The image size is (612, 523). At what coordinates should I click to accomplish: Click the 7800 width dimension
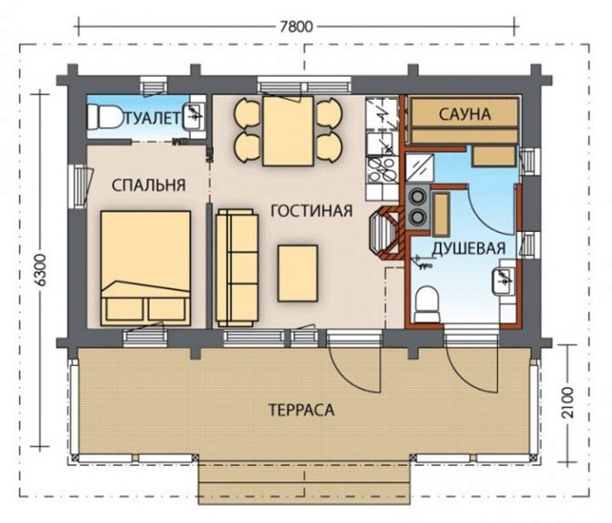click(x=297, y=27)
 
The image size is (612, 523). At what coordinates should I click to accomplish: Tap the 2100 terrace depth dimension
click(x=569, y=403)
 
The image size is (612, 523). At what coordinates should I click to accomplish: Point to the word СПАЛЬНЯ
click(x=148, y=185)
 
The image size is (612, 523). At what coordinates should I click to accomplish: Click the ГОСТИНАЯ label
click(x=311, y=211)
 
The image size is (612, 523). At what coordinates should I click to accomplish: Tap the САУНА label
click(x=465, y=114)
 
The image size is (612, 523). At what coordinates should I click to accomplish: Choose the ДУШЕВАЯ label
click(x=468, y=248)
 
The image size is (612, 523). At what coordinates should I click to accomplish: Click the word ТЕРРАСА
click(x=302, y=410)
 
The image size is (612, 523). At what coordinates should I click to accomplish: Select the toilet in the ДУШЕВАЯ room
click(x=427, y=305)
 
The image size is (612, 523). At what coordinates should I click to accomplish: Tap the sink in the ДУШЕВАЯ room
click(x=503, y=282)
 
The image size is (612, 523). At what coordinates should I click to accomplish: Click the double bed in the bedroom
click(x=146, y=269)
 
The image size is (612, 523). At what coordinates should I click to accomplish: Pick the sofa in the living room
click(x=237, y=268)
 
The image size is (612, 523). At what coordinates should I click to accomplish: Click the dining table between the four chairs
click(x=288, y=131)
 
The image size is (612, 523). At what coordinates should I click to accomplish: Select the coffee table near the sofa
click(x=297, y=273)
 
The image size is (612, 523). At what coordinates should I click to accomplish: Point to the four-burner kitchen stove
click(x=382, y=169)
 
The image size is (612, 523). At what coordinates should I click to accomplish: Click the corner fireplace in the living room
click(x=386, y=233)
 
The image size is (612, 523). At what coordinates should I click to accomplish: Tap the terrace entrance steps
click(x=304, y=482)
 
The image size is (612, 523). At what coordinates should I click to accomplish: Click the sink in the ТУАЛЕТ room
click(x=193, y=116)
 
